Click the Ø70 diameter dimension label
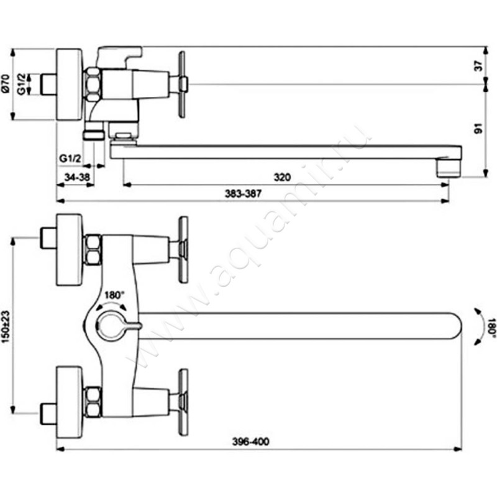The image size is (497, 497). [6, 84]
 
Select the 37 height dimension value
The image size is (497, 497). [478, 66]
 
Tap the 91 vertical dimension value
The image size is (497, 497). [478, 128]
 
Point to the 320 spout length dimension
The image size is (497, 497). [282, 177]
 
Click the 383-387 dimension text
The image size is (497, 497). [243, 193]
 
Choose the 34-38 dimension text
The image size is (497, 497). [77, 177]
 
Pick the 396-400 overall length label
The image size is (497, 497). [251, 441]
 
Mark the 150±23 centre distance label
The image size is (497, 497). [6, 327]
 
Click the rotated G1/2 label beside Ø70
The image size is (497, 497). [21, 84]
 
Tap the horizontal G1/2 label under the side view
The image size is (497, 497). [70, 158]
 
